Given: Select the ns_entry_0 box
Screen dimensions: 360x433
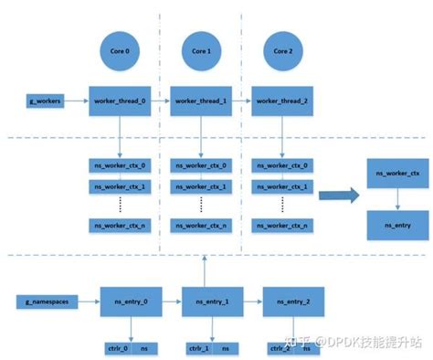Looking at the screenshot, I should click(129, 301).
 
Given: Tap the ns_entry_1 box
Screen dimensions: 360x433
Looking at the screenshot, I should click(211, 301).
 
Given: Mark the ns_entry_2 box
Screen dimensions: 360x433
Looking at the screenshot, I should click(292, 301).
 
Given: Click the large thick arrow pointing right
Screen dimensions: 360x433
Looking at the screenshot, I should click(338, 194).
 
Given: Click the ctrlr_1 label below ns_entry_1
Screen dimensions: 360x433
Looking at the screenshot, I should click(198, 348).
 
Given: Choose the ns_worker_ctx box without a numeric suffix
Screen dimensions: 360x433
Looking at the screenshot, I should click(395, 172).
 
